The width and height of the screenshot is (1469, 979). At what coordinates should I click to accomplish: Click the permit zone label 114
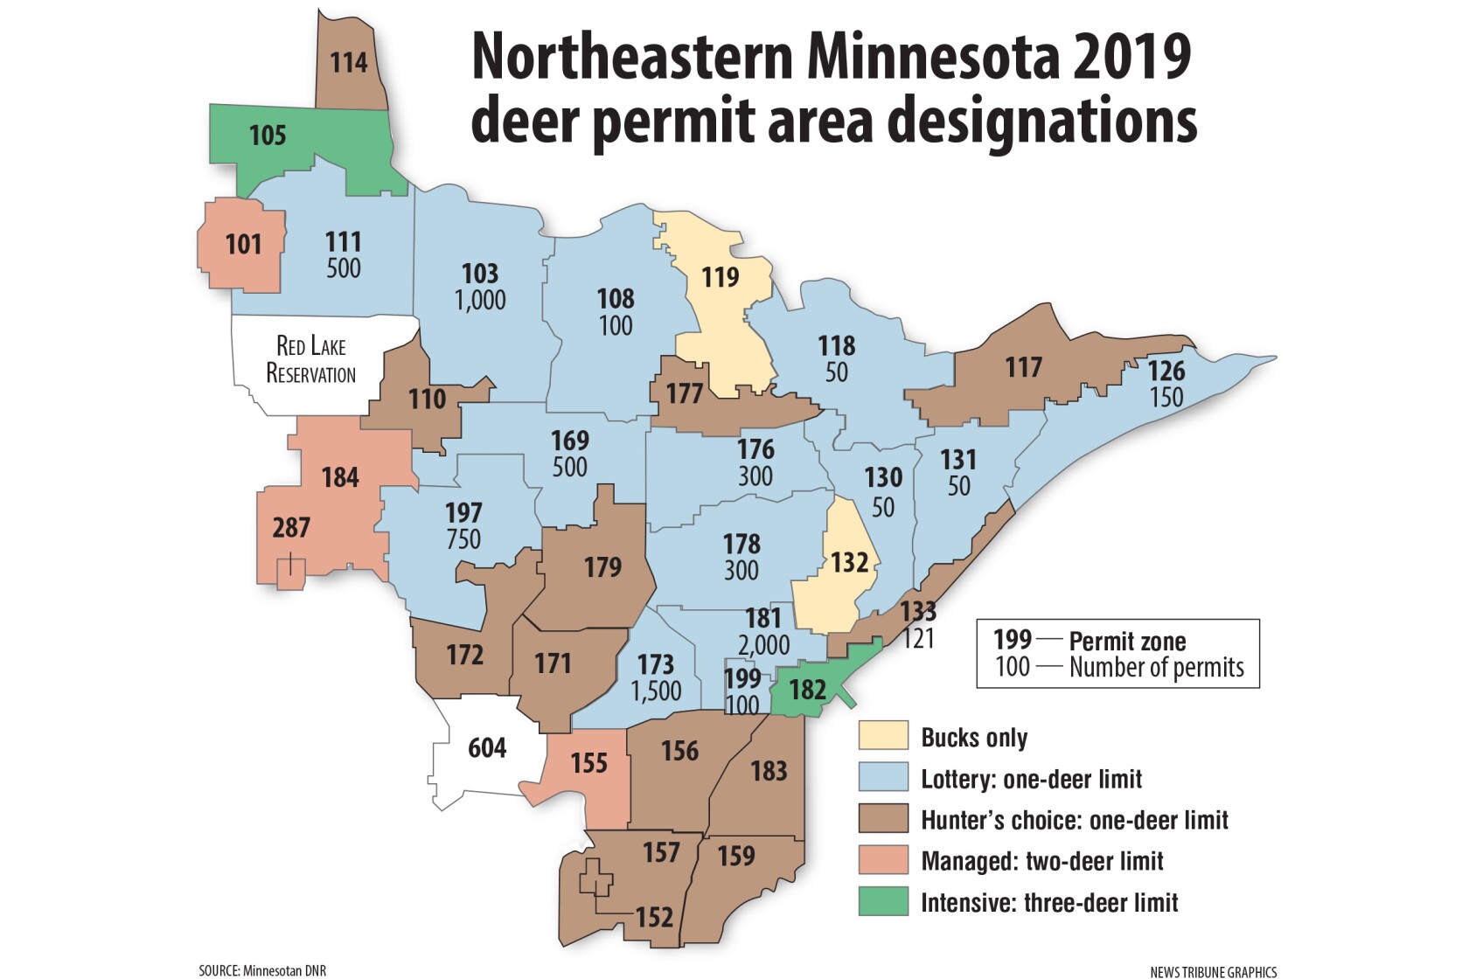349,63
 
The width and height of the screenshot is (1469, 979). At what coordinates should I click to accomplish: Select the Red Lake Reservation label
310,359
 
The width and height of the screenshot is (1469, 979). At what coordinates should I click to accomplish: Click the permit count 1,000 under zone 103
480,300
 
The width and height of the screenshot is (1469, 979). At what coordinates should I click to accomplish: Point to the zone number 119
721,277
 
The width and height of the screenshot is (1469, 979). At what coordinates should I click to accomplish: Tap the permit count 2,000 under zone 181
763,645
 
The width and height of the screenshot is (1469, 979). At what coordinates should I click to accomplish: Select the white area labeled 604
486,748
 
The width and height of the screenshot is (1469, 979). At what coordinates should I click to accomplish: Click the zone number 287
290,527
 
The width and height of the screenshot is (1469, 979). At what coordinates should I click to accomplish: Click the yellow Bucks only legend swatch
883,736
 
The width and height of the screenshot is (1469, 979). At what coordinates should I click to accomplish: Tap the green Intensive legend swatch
883,901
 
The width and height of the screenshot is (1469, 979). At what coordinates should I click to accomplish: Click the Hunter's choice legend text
1074,820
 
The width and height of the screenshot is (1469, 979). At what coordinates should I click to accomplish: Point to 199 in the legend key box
1013,639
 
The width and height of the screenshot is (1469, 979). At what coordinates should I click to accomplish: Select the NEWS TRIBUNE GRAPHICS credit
1213,971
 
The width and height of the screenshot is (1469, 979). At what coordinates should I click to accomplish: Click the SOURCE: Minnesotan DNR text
262,970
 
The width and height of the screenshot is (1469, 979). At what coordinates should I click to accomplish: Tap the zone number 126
1166,371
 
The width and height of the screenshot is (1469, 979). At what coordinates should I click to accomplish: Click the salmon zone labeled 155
588,763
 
